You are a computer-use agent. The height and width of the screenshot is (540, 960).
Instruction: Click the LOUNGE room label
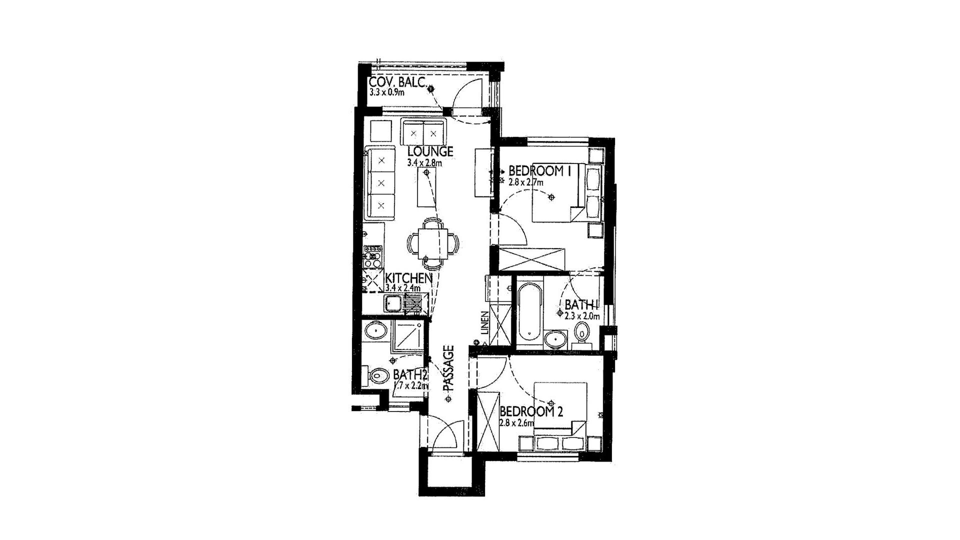click(x=430, y=151)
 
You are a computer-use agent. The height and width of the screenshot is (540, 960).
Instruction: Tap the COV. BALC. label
click(x=397, y=83)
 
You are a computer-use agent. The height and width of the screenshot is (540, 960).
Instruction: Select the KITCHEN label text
click(x=409, y=278)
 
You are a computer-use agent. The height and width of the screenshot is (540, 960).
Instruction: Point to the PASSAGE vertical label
click(x=448, y=368)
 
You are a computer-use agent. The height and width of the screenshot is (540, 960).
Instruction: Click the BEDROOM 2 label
click(x=531, y=411)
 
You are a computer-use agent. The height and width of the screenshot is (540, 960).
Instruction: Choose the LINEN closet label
click(x=484, y=322)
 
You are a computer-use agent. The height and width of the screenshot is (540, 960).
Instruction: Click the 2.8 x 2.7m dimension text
click(x=525, y=182)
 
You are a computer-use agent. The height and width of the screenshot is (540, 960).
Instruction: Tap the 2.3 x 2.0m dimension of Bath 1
click(x=582, y=316)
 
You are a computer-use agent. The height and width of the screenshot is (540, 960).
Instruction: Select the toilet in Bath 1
click(x=581, y=334)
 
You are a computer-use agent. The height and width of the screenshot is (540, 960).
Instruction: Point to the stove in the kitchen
click(x=372, y=256)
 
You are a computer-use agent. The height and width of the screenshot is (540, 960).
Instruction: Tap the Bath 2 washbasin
click(x=374, y=331)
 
